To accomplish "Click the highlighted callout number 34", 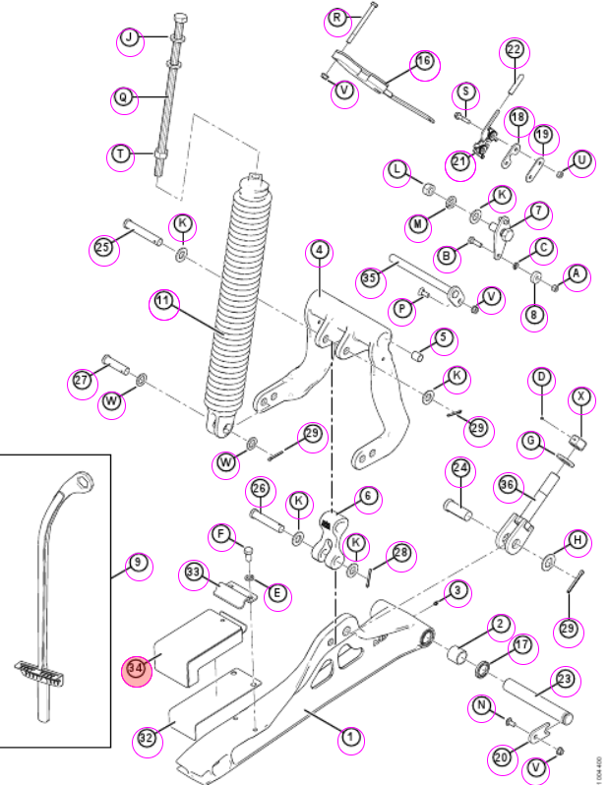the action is (x=136, y=668).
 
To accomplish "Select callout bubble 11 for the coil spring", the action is (x=162, y=301).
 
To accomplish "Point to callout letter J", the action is (x=130, y=37).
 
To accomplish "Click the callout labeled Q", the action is (x=123, y=97).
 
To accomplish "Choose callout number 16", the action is (x=424, y=62).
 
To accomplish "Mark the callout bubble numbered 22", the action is (x=514, y=49).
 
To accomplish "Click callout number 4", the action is (x=320, y=250).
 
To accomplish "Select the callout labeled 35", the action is (x=370, y=277).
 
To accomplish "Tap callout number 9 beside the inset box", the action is (x=138, y=564).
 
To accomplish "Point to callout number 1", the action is (x=350, y=737).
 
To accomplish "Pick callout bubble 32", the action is (x=147, y=739).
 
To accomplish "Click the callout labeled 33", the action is (x=193, y=573).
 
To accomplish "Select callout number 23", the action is (x=565, y=680).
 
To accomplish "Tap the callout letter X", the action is (x=581, y=397).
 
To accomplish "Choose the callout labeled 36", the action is (x=508, y=485).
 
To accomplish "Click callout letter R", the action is (x=337, y=18).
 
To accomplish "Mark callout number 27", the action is (x=82, y=381).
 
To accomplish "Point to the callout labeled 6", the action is (x=368, y=496).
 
